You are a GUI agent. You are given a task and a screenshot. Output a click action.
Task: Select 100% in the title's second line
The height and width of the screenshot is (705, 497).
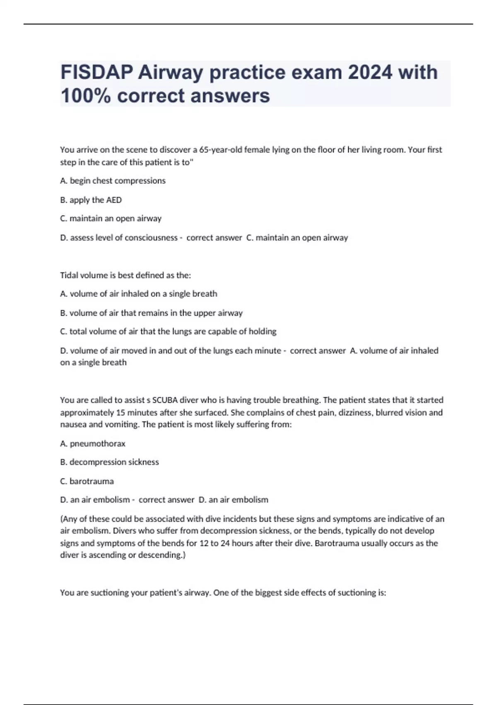[86, 96]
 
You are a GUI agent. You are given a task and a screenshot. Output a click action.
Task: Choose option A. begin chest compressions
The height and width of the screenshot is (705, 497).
[113, 181]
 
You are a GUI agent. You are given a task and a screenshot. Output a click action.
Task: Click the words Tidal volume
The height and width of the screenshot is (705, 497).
[83, 275]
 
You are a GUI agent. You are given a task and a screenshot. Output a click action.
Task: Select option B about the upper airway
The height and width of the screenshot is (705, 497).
[151, 313]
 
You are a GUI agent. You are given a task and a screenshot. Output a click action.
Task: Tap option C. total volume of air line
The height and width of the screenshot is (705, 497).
[168, 331]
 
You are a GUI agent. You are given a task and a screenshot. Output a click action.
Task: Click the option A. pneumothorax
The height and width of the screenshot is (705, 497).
[93, 443]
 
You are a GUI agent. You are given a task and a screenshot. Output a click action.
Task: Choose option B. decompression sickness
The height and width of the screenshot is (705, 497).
[109, 462]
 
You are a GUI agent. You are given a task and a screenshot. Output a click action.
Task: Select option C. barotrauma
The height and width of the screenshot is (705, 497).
[87, 481]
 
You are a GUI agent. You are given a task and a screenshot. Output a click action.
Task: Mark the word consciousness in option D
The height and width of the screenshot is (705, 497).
[151, 238]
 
